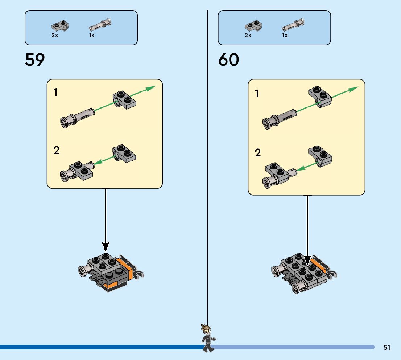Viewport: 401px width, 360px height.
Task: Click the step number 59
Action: click(x=35, y=60)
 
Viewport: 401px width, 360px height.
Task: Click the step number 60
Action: click(x=228, y=60)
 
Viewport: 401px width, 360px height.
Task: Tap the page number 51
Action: click(x=387, y=347)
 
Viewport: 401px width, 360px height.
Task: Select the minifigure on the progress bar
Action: click(x=207, y=338)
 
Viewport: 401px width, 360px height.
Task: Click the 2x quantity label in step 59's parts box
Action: click(x=55, y=36)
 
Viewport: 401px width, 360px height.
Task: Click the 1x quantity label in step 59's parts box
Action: click(x=92, y=36)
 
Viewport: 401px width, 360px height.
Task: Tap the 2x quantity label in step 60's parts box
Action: click(x=248, y=36)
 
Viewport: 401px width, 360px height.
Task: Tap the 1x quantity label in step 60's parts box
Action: click(x=285, y=36)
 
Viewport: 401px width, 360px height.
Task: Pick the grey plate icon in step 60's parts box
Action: click(x=254, y=26)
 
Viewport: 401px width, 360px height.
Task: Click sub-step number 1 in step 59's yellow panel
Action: click(x=55, y=93)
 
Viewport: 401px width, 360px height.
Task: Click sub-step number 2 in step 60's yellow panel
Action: click(x=258, y=153)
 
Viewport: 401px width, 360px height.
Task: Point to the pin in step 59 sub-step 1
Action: click(x=77, y=116)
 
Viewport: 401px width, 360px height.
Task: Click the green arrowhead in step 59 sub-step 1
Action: click(x=152, y=88)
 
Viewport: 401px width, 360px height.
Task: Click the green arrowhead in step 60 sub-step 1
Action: click(x=354, y=89)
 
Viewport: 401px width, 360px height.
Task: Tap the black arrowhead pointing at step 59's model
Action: click(x=106, y=247)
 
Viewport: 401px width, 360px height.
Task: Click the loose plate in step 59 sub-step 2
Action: click(x=124, y=153)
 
